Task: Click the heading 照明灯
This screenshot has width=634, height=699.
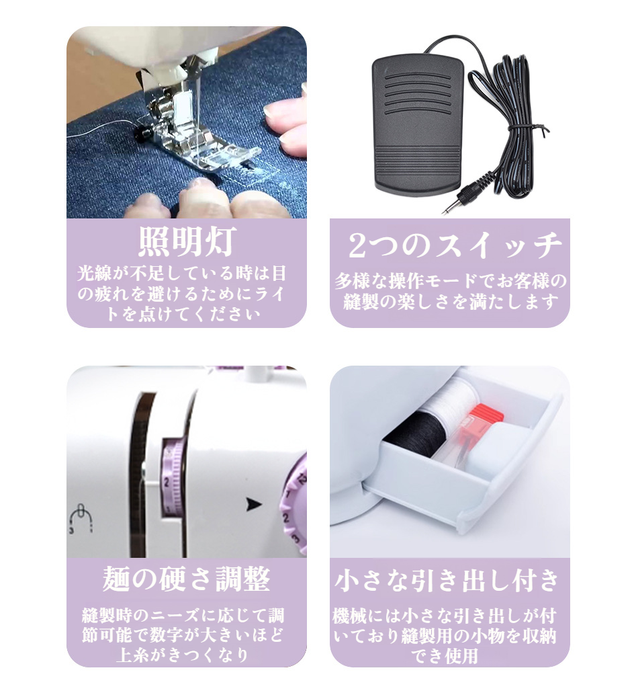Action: click(186, 243)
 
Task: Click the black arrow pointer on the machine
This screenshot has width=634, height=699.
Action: click(253, 504)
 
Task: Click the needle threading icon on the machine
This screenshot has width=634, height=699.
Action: click(80, 516)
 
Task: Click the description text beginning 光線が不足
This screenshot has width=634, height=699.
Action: click(186, 294)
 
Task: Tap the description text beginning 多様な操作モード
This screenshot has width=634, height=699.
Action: click(450, 291)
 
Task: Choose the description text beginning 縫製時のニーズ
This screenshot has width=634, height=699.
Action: click(186, 634)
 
